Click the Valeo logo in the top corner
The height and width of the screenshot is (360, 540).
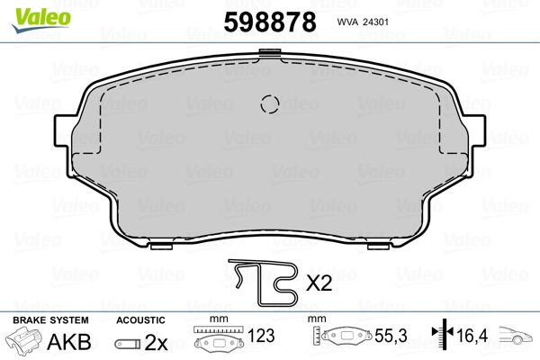point(41,20)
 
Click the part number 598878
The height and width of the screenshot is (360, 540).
point(270,22)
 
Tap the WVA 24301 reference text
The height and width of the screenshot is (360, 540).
point(363,22)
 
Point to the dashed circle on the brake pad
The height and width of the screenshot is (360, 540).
point(270,103)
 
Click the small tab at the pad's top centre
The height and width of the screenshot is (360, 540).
point(270,52)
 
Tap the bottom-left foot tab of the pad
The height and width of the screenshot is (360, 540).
point(161,247)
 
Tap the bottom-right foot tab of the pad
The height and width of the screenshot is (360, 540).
point(379,247)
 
